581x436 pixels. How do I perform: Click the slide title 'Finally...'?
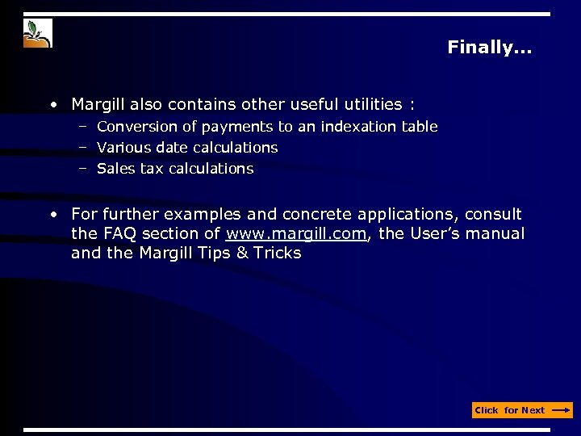[489, 48]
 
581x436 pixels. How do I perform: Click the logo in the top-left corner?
[38, 34]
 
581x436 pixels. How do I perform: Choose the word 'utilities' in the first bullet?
[368, 104]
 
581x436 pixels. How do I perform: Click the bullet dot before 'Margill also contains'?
[52, 105]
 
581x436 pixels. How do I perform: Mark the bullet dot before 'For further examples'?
[52, 215]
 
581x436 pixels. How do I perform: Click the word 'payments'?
[237, 127]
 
